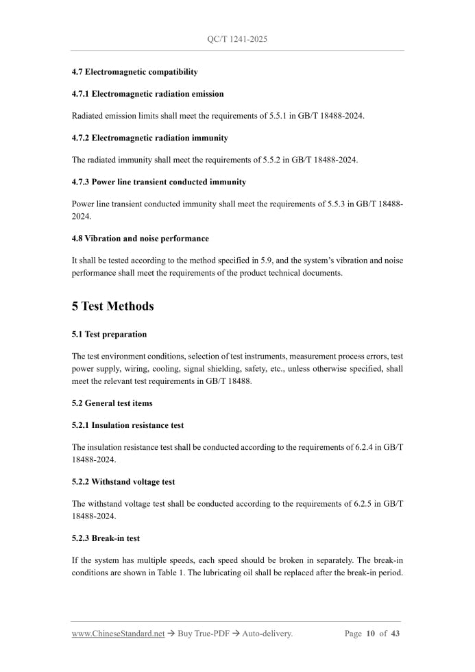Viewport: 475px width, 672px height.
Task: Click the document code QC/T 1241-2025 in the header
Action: click(236, 39)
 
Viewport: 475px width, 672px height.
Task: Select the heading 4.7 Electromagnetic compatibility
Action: click(134, 72)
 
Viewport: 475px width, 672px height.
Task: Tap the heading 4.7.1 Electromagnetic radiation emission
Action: click(147, 94)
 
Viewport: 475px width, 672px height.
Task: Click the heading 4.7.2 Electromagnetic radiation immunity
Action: click(149, 138)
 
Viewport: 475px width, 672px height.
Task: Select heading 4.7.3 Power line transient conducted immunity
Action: click(158, 182)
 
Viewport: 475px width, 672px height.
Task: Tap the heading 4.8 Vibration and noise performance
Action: click(140, 239)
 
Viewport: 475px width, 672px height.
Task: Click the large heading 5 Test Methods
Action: click(112, 307)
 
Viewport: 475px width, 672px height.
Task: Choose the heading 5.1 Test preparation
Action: click(109, 335)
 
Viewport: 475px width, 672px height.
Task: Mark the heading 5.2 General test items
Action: click(112, 403)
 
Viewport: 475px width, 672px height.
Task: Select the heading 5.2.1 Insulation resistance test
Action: click(127, 425)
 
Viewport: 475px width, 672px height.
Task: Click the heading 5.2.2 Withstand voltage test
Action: click(123, 482)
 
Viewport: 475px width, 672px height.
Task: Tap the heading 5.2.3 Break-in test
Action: click(106, 538)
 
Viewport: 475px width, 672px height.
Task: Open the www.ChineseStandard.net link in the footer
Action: click(118, 634)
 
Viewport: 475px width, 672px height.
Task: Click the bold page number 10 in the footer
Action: click(371, 634)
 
